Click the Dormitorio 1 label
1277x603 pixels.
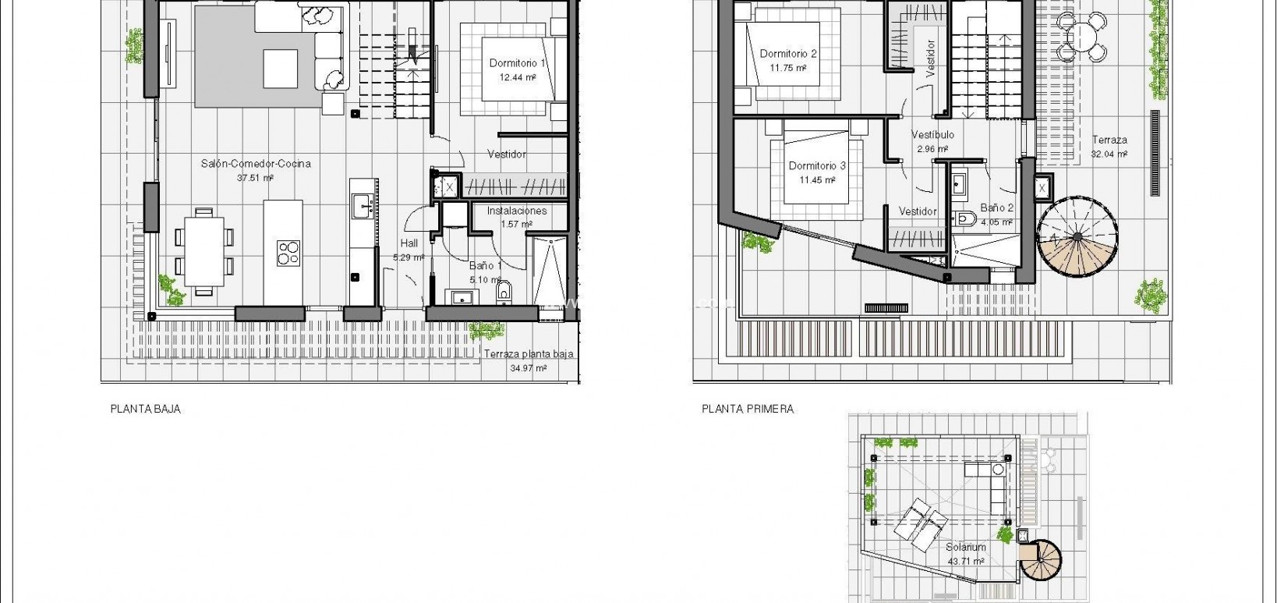[x=518, y=63]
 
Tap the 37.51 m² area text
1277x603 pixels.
[x=256, y=178]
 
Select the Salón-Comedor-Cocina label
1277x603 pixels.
[x=256, y=164]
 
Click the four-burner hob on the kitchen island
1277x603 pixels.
[x=288, y=252]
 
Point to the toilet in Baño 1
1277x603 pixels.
[x=504, y=292]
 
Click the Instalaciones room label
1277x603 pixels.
[x=517, y=211]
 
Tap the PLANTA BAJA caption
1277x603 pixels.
[x=146, y=409]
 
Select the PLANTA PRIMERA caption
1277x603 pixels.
[x=748, y=409]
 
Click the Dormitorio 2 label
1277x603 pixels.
[x=788, y=54]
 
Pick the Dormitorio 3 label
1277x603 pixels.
[x=817, y=165]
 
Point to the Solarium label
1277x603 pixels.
[x=966, y=548]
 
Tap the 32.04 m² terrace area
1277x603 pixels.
[x=1109, y=154]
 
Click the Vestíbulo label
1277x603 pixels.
[x=933, y=135]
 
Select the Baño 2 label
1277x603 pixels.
[x=997, y=208]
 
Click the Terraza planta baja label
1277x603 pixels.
[x=529, y=354]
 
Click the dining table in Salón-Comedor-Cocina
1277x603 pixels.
[x=204, y=252]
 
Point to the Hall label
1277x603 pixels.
[x=409, y=243]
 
